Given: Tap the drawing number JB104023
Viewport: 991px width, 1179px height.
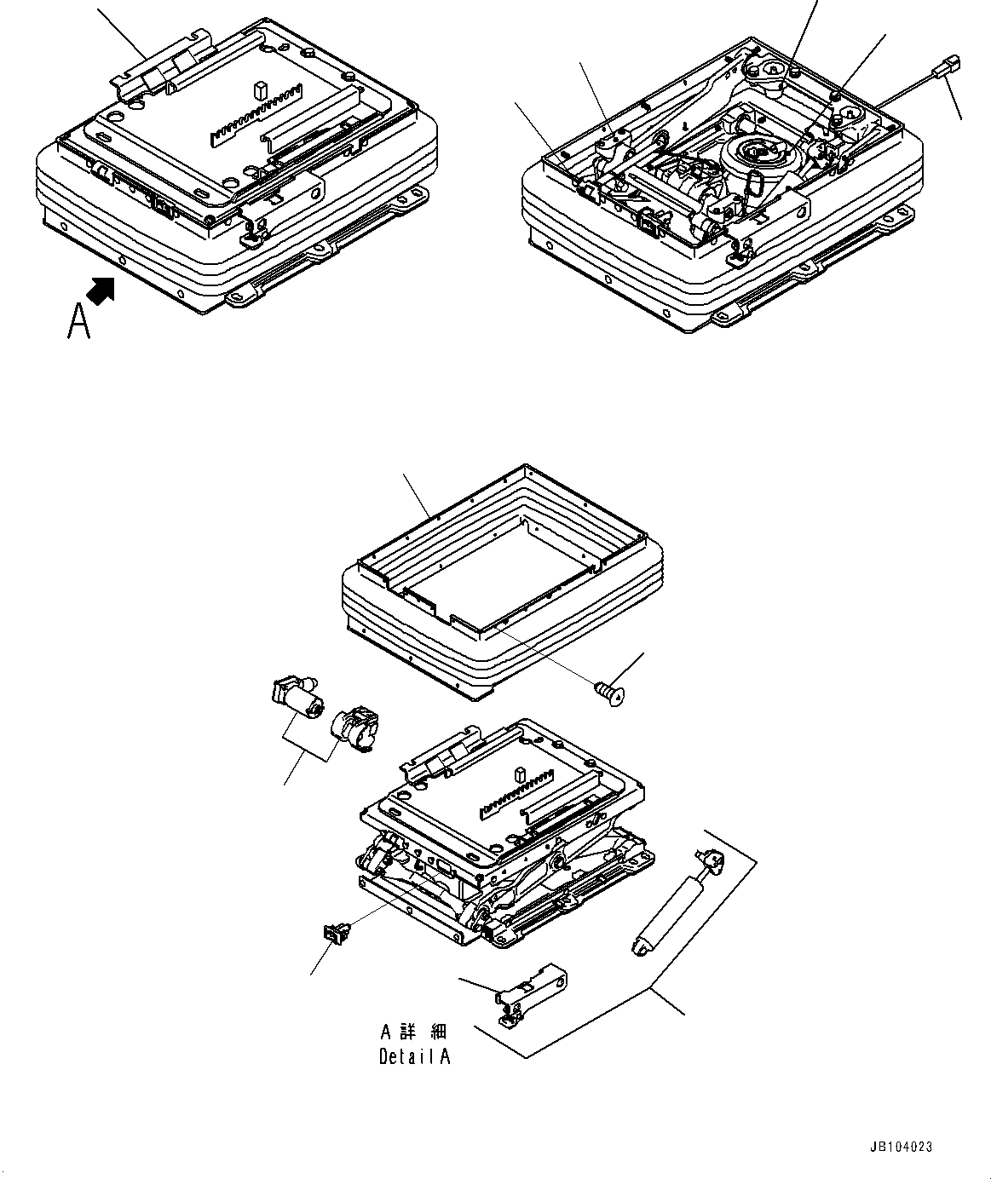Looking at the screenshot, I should [x=902, y=1147].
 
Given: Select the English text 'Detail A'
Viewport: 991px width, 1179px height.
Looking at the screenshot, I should [x=414, y=1056].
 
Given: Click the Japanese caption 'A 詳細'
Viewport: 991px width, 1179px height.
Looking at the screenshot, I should [x=413, y=1032].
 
